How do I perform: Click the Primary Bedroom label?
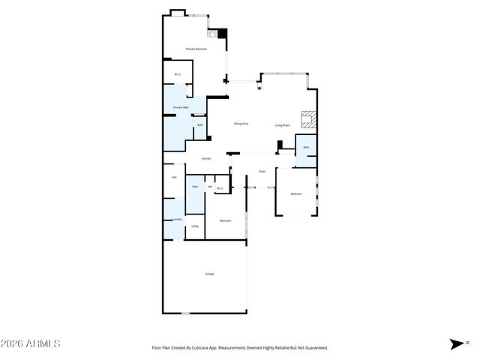pos(196,49)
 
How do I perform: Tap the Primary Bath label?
pos(181,107)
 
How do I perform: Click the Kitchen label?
pos(206,158)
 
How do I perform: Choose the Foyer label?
pos(262,171)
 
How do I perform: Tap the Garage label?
pos(209,274)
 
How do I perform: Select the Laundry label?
pos(177,219)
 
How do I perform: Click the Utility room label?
pos(195,226)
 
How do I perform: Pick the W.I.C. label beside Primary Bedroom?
pos(178,73)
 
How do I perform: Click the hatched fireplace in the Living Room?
pos(307,119)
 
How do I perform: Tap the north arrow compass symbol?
pos(457,344)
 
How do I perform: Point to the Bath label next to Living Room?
pos(306,147)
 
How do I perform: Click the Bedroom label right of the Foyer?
pos(296,193)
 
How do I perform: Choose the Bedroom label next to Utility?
pos(225,220)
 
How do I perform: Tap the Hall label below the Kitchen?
pos(174,177)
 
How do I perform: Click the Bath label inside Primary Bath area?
pos(200,124)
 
